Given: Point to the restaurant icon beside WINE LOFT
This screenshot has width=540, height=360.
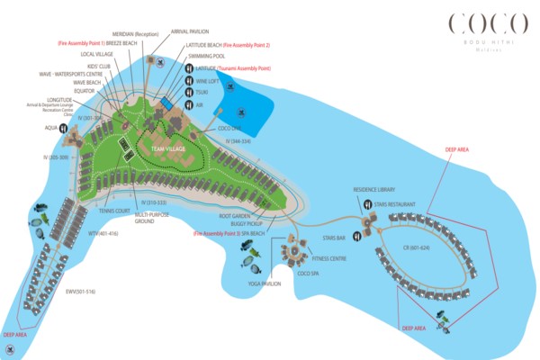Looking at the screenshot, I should pos(188,80).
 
